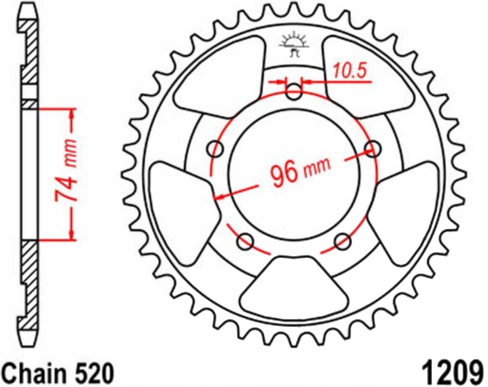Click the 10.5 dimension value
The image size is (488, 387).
[349, 71]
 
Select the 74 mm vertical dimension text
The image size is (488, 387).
[67, 174]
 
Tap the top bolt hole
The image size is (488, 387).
[294, 93]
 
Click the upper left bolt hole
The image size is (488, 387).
[218, 149]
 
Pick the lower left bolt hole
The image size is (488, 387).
[246, 241]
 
